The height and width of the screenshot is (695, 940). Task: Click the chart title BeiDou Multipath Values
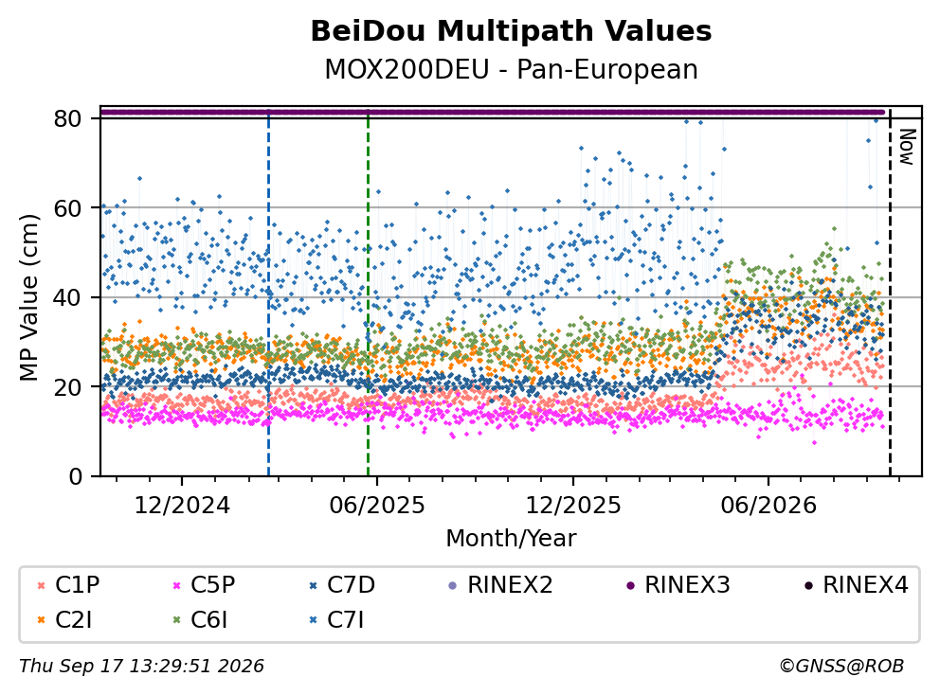(511, 31)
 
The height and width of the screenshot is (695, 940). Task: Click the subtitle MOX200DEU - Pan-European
(511, 69)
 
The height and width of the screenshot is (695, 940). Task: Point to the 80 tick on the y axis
(67, 118)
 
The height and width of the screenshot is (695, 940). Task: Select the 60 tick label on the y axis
(67, 208)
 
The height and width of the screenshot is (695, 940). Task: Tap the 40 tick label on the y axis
(67, 297)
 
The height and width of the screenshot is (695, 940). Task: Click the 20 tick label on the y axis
(67, 386)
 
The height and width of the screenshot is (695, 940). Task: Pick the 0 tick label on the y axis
(75, 476)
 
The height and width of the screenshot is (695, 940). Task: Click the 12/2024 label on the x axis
(182, 506)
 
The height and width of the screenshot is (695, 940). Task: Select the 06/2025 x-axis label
(376, 506)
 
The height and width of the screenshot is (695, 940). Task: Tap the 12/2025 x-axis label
(573, 506)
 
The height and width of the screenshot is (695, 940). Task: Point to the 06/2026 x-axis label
(768, 506)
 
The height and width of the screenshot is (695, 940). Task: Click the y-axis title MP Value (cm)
(28, 297)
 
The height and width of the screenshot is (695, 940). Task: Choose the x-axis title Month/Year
(511, 538)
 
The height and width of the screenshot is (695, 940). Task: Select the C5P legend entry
(205, 585)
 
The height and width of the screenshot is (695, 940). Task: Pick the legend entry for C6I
(201, 620)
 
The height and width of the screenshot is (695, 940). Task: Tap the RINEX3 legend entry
(678, 585)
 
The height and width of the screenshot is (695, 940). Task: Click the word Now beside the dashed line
(907, 147)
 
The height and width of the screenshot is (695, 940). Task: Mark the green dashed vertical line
(368, 293)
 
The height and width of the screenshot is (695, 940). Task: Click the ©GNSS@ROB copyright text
(841, 666)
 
